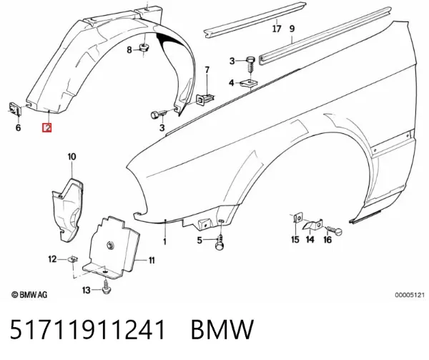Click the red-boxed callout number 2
tap(47, 127)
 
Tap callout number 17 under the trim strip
tap(277, 29)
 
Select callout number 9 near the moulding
tap(292, 29)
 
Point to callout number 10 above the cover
tap(71, 157)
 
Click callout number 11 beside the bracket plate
tap(152, 261)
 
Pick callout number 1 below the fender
tap(164, 241)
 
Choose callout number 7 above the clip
tap(207, 70)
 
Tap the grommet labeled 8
tap(144, 47)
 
